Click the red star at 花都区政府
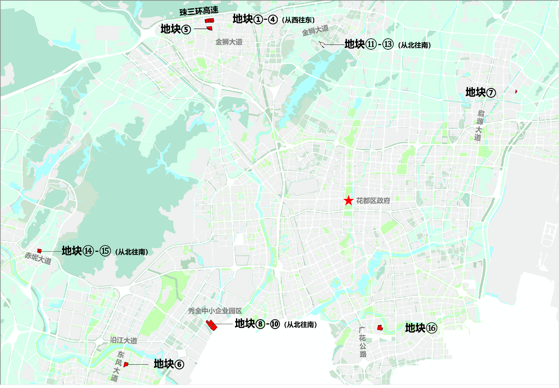click(x=348, y=201)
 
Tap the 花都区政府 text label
click(x=373, y=201)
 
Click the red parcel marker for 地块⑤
click(x=210, y=28)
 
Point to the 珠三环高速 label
click(x=199, y=11)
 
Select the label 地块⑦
click(x=481, y=92)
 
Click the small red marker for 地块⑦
click(x=516, y=91)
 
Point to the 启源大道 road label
click(x=479, y=125)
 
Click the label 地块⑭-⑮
click(x=86, y=251)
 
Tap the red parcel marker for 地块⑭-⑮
click(x=39, y=251)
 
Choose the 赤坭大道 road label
click(x=38, y=258)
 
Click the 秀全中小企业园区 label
click(x=218, y=311)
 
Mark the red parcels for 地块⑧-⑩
click(x=212, y=325)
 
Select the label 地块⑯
click(x=421, y=328)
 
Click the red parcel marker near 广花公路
click(x=380, y=327)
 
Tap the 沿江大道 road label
click(x=123, y=340)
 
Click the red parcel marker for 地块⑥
click(x=126, y=364)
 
